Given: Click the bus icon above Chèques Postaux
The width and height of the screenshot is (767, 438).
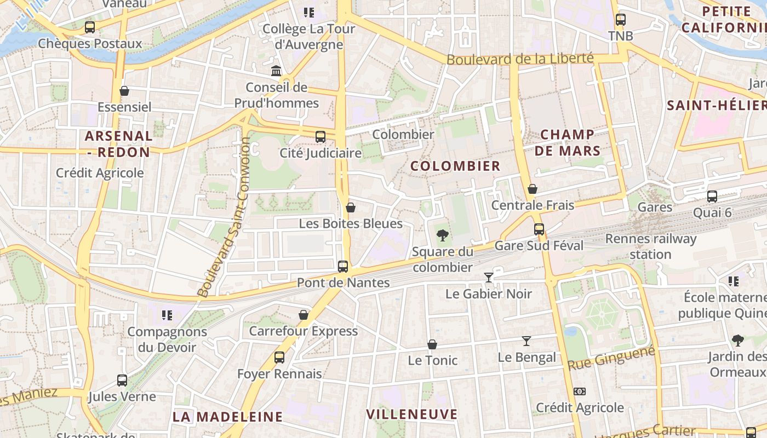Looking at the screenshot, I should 90,27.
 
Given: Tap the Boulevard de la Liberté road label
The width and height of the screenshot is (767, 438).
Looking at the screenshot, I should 520,59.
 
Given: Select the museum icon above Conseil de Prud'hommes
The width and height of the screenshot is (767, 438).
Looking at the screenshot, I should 276,71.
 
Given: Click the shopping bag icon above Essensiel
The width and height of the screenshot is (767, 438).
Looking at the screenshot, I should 124,91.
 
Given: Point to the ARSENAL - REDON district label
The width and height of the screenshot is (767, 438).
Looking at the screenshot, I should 118,143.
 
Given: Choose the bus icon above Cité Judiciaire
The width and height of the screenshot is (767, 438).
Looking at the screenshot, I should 320,136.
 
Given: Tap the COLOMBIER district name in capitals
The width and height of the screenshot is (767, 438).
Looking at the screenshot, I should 455,166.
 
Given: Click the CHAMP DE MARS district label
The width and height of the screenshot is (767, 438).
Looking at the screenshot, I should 568,142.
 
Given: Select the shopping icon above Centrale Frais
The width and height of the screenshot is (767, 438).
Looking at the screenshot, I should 532,189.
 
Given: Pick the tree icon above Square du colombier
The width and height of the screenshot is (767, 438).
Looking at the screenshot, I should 442,235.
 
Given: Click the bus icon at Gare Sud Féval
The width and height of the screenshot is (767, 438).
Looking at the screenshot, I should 539,229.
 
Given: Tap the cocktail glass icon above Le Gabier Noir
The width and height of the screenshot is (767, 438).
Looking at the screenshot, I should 489,278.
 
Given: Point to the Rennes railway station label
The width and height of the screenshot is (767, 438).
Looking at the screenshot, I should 651,246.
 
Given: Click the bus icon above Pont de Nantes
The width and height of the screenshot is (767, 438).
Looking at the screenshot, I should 343,267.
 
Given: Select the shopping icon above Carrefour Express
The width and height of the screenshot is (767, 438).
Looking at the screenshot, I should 304,315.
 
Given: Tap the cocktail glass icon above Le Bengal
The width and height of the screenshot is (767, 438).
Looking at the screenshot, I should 526,341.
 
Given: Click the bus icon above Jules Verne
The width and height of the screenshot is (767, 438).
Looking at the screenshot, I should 122,380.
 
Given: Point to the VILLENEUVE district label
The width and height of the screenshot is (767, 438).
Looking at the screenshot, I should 411,414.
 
